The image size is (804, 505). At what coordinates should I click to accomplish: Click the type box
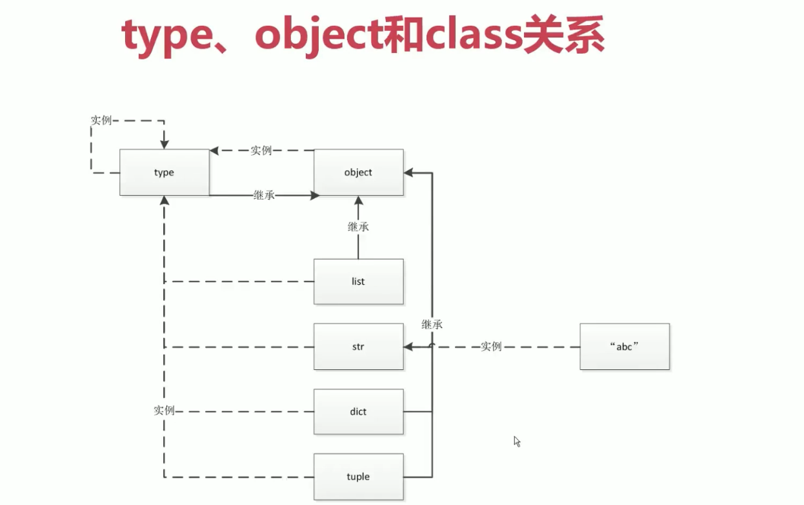(164, 172)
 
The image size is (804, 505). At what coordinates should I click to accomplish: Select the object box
(358, 172)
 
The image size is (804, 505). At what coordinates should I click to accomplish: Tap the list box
(358, 282)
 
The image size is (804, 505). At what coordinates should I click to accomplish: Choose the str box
(358, 347)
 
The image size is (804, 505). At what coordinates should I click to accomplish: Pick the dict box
(358, 411)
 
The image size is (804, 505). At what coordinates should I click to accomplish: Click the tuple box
(358, 477)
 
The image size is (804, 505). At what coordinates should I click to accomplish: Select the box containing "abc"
(624, 346)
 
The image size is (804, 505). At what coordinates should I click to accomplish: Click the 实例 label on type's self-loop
(101, 120)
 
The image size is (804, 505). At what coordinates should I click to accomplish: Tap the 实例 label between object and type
(261, 150)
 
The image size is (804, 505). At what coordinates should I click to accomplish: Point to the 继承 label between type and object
(264, 194)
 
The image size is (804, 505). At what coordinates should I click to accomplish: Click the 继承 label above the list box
(358, 227)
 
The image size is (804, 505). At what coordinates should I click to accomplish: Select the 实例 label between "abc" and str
(491, 346)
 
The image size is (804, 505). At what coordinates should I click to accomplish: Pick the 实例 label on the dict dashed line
(164, 411)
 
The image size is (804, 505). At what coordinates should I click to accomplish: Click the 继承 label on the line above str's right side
(432, 324)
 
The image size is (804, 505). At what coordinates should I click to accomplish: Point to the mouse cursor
(516, 441)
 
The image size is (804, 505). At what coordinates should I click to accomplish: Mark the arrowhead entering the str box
(408, 347)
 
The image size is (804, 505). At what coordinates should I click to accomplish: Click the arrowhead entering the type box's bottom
(164, 201)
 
